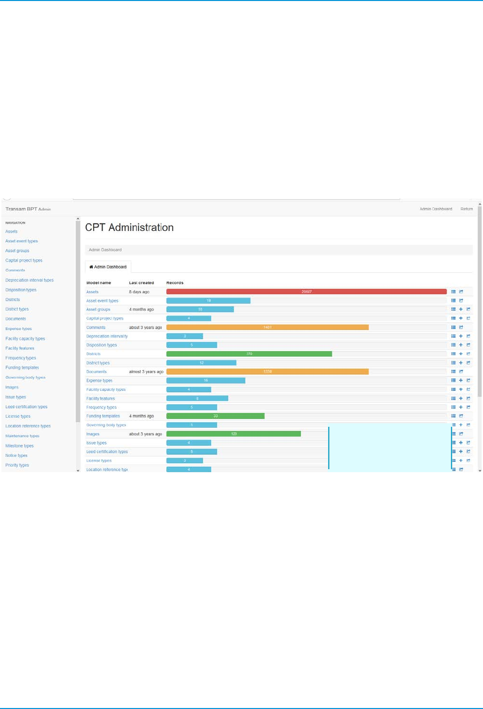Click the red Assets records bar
click(306, 292)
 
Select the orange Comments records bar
click(267, 328)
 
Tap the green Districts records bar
click(249, 354)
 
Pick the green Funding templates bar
click(215, 416)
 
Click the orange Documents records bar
click(267, 371)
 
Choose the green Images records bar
click(234, 434)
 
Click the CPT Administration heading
click(129, 227)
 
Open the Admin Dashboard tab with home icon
click(108, 267)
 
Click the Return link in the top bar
click(467, 209)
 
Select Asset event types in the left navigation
click(21, 241)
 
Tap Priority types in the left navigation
click(17, 465)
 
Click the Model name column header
click(99, 283)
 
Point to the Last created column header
click(141, 283)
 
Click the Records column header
click(175, 283)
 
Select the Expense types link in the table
click(100, 380)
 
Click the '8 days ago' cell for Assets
click(139, 292)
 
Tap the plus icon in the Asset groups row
click(461, 310)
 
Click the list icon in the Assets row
click(454, 292)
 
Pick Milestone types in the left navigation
click(19, 446)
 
